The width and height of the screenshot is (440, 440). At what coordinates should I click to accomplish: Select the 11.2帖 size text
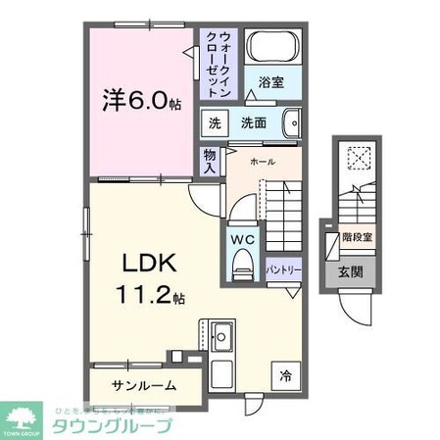(153, 294)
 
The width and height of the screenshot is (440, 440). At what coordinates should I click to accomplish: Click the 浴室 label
(271, 85)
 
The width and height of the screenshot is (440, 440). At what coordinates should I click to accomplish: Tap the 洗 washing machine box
(214, 122)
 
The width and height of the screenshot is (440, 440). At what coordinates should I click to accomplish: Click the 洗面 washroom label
(253, 122)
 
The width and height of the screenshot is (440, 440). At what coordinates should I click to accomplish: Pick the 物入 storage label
(210, 161)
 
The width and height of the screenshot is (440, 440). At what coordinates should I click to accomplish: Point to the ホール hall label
(262, 161)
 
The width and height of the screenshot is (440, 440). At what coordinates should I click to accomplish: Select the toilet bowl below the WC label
(242, 263)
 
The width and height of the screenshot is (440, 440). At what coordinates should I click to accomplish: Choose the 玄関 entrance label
(351, 271)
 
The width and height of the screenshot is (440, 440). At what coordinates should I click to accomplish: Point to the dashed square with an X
(358, 158)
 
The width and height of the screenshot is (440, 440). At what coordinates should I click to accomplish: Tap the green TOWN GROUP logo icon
(19, 415)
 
